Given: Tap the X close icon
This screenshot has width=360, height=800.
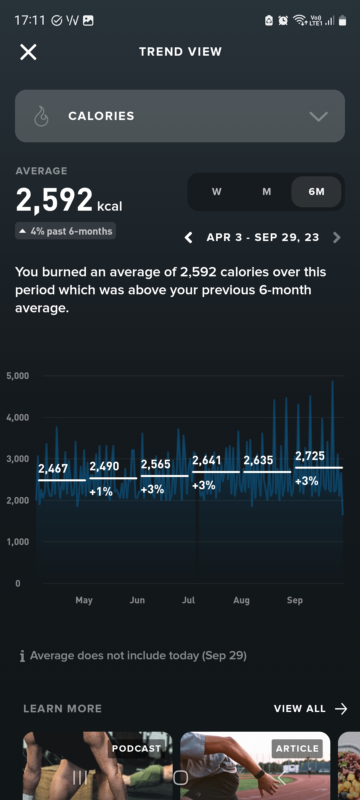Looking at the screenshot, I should coord(28,52).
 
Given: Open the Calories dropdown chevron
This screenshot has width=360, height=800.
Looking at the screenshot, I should coord(318,116).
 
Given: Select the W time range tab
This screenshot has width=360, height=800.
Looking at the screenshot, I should coord(217,192).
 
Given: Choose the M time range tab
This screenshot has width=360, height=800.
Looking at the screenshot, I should coord(267,192).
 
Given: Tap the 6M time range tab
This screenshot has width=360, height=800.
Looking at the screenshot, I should coord(316,192).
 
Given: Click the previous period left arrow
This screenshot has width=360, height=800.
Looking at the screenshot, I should coord(189,238).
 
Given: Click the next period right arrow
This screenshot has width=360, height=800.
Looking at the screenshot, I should coord(337,238).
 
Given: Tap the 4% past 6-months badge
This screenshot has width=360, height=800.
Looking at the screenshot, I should coord(66,231).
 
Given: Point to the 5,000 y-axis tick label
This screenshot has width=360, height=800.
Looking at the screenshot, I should coord(18,376).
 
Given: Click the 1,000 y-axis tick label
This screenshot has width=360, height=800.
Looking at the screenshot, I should coord(18,542).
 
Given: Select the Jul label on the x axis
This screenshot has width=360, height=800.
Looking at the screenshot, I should coord(188,600).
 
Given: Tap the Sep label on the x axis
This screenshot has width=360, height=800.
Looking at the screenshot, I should coord(295,600).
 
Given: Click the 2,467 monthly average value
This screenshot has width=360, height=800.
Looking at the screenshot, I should coord(53,469).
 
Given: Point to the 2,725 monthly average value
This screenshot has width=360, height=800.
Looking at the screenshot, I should coord(310,456).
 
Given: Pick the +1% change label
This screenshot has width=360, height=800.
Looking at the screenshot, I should coord(101,492).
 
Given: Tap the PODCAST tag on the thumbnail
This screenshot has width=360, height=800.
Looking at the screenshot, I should coord(136,749).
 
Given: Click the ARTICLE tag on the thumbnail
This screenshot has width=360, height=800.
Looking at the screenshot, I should coord(297,749).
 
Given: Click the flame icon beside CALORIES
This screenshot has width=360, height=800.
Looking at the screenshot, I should coord(41,116).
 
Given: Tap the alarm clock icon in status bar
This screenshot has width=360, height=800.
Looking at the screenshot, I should coord(283,21).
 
